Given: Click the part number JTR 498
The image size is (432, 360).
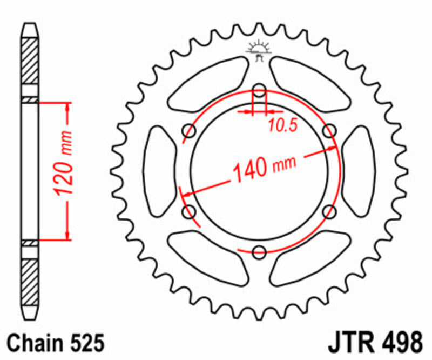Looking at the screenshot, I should tap(375, 343).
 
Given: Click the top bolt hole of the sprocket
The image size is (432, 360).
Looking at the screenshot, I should tap(259, 90).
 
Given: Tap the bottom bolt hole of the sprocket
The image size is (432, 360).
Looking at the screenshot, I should tap(259, 251).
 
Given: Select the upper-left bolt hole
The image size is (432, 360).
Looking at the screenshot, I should tap(190, 130).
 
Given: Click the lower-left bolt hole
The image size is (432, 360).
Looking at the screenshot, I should tap(190, 212).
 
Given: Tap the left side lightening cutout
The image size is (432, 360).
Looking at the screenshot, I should tap(159, 170).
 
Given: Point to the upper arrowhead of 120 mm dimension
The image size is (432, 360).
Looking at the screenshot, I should tap(68, 108).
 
